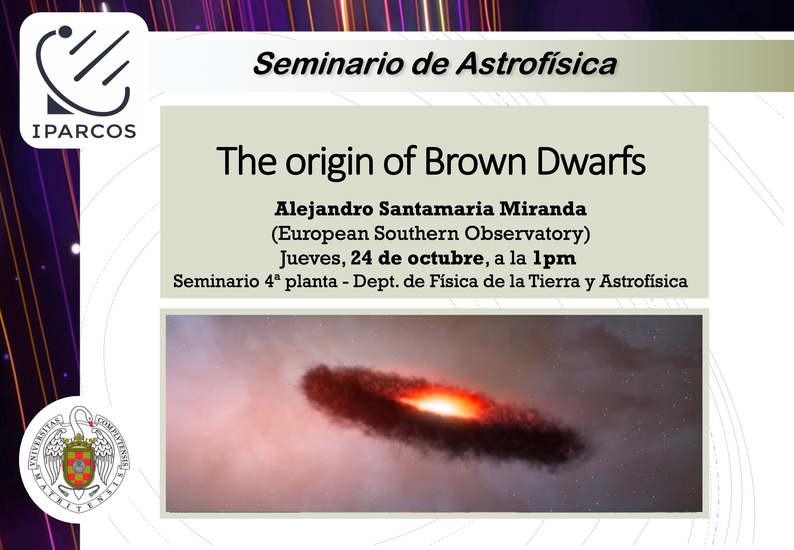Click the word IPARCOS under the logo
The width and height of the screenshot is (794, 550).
click(x=84, y=131)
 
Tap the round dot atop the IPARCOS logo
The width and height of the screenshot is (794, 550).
click(x=65, y=32)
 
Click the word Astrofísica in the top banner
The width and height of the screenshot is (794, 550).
click(x=536, y=64)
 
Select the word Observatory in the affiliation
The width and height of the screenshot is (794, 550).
click(x=524, y=234)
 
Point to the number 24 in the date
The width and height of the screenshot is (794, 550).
click(x=361, y=258)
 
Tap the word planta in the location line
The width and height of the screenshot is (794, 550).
click(x=311, y=282)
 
